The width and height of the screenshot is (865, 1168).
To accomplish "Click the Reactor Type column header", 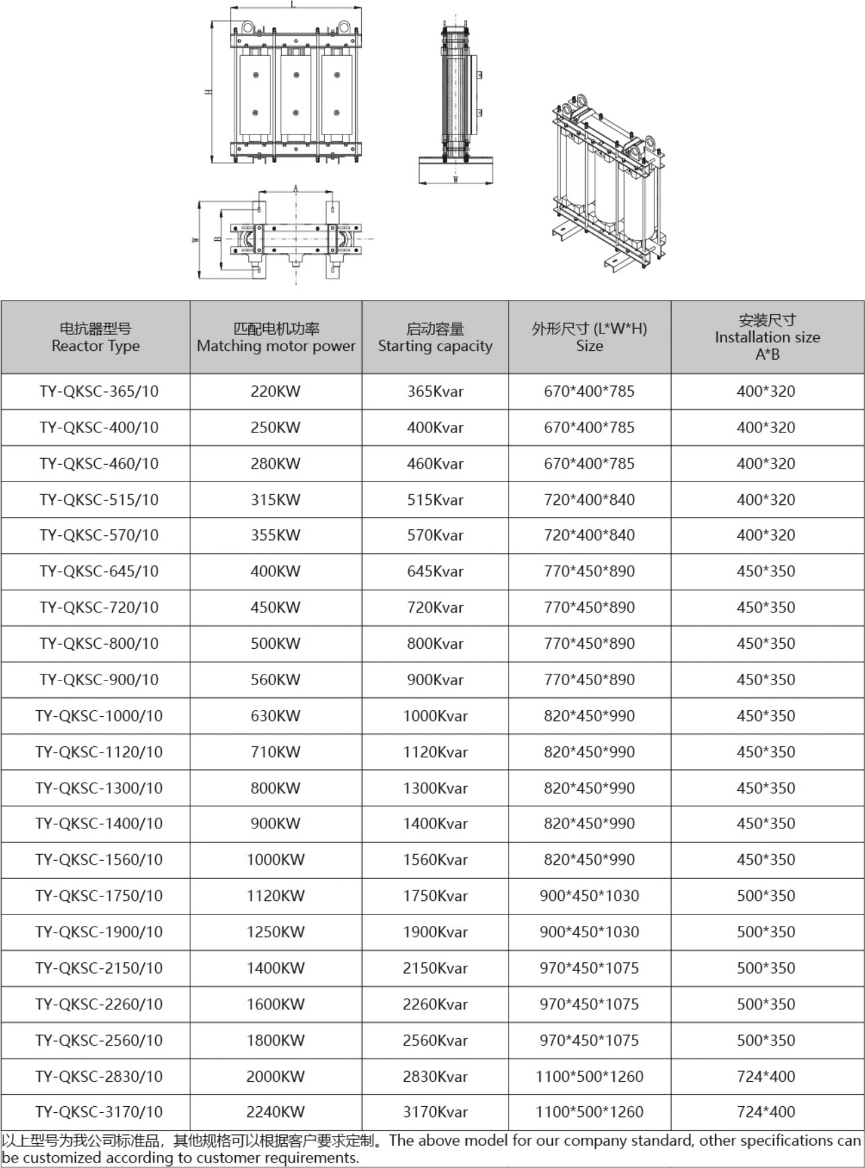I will click(x=96, y=337).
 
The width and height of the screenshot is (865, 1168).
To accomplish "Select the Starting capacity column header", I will click(x=435, y=337).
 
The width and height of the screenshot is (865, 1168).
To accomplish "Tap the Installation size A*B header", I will click(x=767, y=337).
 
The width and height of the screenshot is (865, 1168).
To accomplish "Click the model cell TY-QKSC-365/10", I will click(x=99, y=391).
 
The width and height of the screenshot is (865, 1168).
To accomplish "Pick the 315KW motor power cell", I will click(x=275, y=500).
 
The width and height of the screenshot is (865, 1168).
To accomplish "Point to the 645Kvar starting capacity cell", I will click(x=435, y=572).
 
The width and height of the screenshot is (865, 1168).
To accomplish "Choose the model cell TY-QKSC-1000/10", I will click(x=99, y=716).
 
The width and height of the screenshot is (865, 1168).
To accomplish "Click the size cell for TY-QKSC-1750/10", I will click(x=589, y=896).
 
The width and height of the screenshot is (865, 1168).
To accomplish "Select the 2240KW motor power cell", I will click(x=275, y=1112).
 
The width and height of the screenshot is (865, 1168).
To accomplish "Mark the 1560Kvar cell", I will click(x=435, y=860).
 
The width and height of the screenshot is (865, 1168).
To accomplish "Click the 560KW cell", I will click(x=275, y=680).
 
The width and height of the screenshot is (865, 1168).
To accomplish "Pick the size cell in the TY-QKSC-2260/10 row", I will click(x=589, y=1005).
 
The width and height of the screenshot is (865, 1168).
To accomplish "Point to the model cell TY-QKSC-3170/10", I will click(x=99, y=1112).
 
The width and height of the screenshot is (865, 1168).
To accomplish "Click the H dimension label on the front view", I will click(x=209, y=91).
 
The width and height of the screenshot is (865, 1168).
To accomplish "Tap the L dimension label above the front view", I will click(x=293, y=5).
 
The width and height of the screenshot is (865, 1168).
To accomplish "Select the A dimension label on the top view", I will click(x=295, y=189).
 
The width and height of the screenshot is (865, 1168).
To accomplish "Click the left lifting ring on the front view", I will click(x=248, y=28).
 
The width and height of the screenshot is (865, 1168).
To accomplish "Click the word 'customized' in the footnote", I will click(x=57, y=1158).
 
